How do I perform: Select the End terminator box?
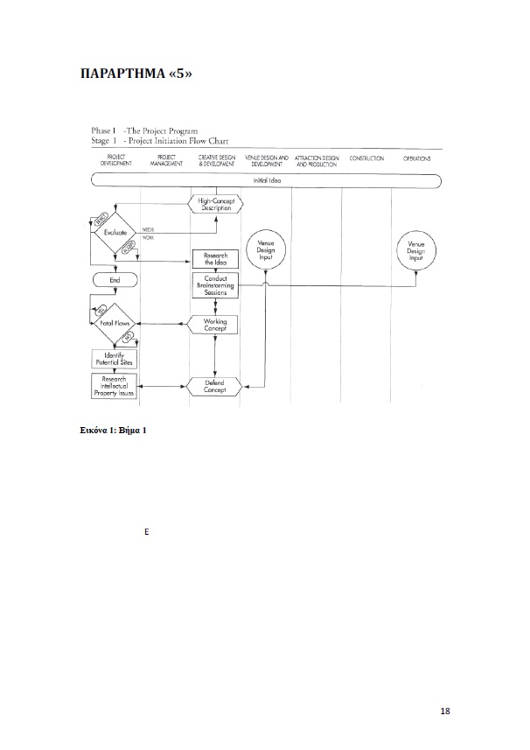(x=114, y=280)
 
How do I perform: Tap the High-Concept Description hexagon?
(x=215, y=204)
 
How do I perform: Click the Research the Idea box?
(x=215, y=258)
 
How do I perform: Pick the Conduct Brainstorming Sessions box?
(x=215, y=285)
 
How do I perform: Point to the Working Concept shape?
(x=215, y=325)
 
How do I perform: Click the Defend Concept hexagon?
(x=215, y=386)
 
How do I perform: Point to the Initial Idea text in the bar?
(x=267, y=180)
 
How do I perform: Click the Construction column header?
(x=366, y=158)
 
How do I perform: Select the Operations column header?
(x=416, y=158)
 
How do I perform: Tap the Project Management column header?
(x=166, y=161)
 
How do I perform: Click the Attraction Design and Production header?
(x=317, y=161)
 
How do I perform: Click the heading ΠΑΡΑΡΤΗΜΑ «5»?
(x=135, y=74)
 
